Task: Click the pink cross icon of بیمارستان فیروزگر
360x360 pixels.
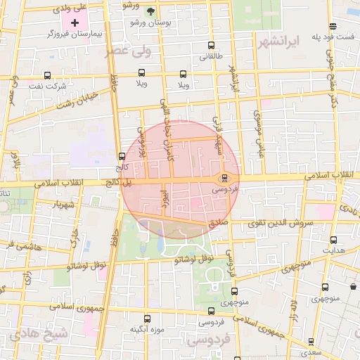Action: pyautogui.click(x=75, y=23)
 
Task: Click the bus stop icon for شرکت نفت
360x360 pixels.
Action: pyautogui.click(x=47, y=75)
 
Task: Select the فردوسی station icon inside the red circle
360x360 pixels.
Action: pyautogui.click(x=224, y=178)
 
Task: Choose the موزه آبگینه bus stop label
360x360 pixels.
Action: pyautogui.click(x=147, y=329)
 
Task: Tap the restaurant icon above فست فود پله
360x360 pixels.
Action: pyautogui.click(x=341, y=23)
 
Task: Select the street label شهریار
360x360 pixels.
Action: pyautogui.click(x=61, y=205)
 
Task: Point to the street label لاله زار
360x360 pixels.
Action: pyautogui.click(x=293, y=310)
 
